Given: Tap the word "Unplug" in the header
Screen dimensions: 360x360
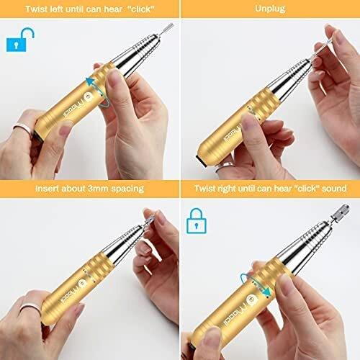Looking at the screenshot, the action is click(x=270, y=9).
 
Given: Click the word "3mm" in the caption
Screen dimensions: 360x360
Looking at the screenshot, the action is click(x=98, y=189).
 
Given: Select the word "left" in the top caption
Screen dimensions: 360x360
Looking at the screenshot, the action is click(x=56, y=9).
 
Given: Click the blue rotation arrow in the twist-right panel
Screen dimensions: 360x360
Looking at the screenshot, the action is click(x=256, y=285).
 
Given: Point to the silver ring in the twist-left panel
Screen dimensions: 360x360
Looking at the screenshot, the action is click(x=23, y=128).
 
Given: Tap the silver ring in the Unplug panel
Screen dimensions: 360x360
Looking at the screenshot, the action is click(x=225, y=166).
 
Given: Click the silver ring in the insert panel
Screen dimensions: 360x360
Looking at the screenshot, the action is click(x=30, y=308).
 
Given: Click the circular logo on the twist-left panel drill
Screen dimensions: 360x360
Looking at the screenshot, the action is click(x=89, y=97).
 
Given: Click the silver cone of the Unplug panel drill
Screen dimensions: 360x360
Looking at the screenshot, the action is click(x=289, y=76).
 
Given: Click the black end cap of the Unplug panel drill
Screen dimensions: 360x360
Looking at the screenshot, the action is click(x=201, y=161).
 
